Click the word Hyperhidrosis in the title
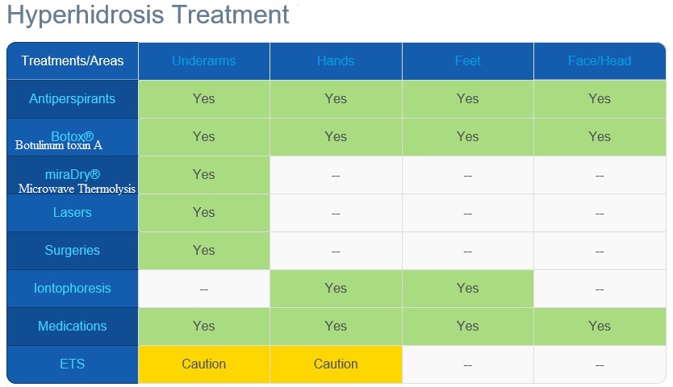(86, 15)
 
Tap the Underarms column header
(204, 61)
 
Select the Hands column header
(336, 61)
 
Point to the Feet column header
(467, 61)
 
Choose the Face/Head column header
(600, 61)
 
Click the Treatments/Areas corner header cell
(73, 61)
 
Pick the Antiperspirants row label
(72, 98)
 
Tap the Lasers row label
(72, 212)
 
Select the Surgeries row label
(72, 250)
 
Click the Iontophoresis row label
(72, 288)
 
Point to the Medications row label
(72, 326)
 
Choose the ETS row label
(72, 364)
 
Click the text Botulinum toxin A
(59, 145)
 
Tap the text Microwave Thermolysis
(77, 189)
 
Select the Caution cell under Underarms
(204, 364)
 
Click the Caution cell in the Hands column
(336, 364)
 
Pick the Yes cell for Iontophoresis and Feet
(467, 289)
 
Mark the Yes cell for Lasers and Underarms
(204, 212)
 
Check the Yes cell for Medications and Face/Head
(600, 326)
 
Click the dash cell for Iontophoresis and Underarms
(204, 289)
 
